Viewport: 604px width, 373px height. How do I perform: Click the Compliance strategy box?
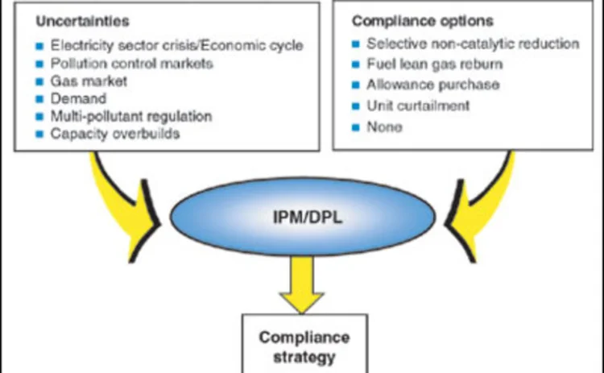[x=305, y=344]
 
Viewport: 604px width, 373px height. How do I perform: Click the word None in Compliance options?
[x=384, y=127]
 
